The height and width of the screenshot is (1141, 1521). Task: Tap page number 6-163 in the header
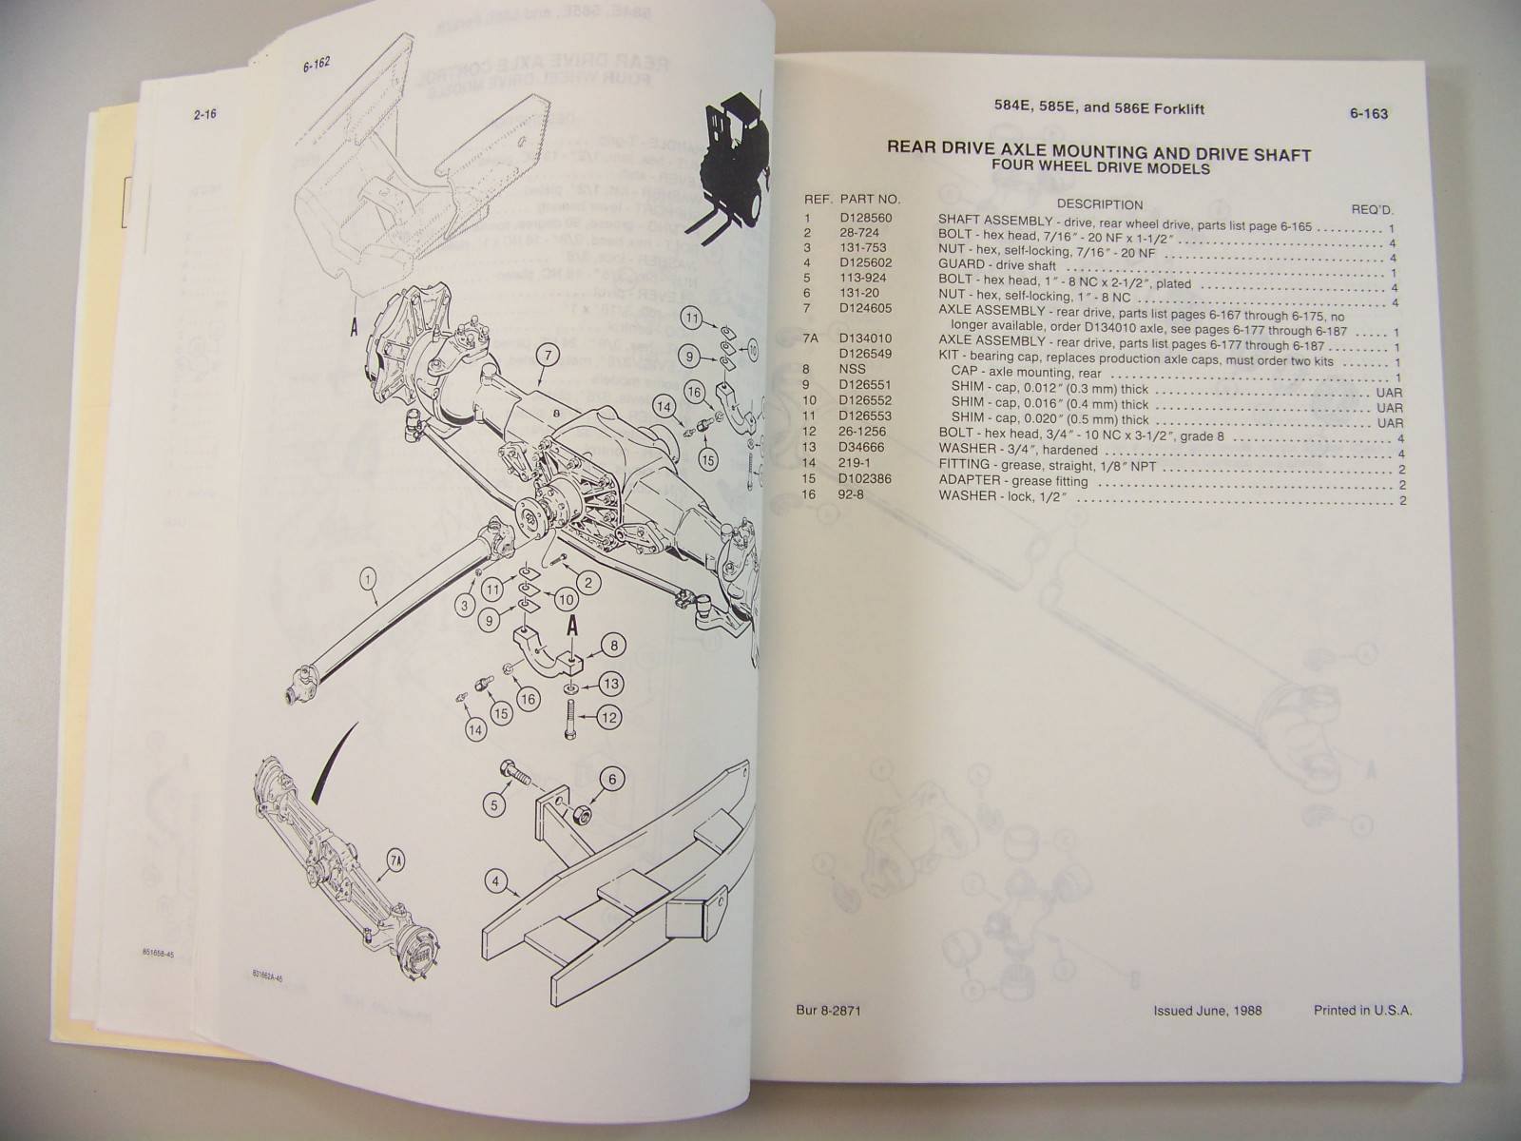[1369, 114]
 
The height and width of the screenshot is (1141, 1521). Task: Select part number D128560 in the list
[867, 218]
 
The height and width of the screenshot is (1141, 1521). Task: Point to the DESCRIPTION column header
[1099, 204]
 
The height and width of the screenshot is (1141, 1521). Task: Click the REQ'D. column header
[1373, 209]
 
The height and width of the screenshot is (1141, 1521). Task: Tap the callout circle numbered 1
[368, 574]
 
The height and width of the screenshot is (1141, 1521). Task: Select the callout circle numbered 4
[493, 881]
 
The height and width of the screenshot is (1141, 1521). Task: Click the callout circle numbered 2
[588, 582]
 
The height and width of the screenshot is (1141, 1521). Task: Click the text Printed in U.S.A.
[1362, 1010]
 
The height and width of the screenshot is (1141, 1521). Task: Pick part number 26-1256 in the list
[863, 435]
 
